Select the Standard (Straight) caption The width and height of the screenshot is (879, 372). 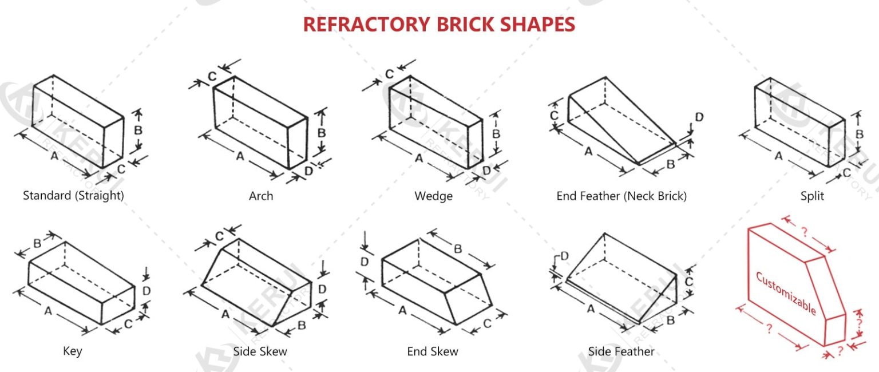click(x=73, y=195)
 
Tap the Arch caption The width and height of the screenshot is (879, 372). click(x=261, y=196)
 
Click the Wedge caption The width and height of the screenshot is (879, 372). click(x=433, y=196)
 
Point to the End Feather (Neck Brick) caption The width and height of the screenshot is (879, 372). click(x=621, y=196)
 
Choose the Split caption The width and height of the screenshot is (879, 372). click(x=812, y=196)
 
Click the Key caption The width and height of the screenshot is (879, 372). click(x=72, y=351)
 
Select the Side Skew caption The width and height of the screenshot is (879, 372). click(x=260, y=351)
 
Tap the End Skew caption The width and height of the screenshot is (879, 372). click(x=433, y=351)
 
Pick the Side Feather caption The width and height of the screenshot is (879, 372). click(x=621, y=351)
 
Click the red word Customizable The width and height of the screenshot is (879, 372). click(x=786, y=293)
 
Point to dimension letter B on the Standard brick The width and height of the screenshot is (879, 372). click(x=138, y=130)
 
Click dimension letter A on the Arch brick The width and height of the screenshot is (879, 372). click(x=240, y=156)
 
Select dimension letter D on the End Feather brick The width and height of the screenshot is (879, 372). click(x=699, y=117)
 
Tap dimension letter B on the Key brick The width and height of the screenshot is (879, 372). click(x=37, y=243)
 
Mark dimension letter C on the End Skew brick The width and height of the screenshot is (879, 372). click(x=487, y=323)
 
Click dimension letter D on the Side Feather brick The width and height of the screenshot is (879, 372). click(x=564, y=256)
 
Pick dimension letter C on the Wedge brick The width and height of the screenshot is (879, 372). click(x=389, y=74)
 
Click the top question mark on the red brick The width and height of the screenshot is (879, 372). click(x=804, y=232)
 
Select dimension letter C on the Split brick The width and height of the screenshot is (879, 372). click(x=846, y=172)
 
